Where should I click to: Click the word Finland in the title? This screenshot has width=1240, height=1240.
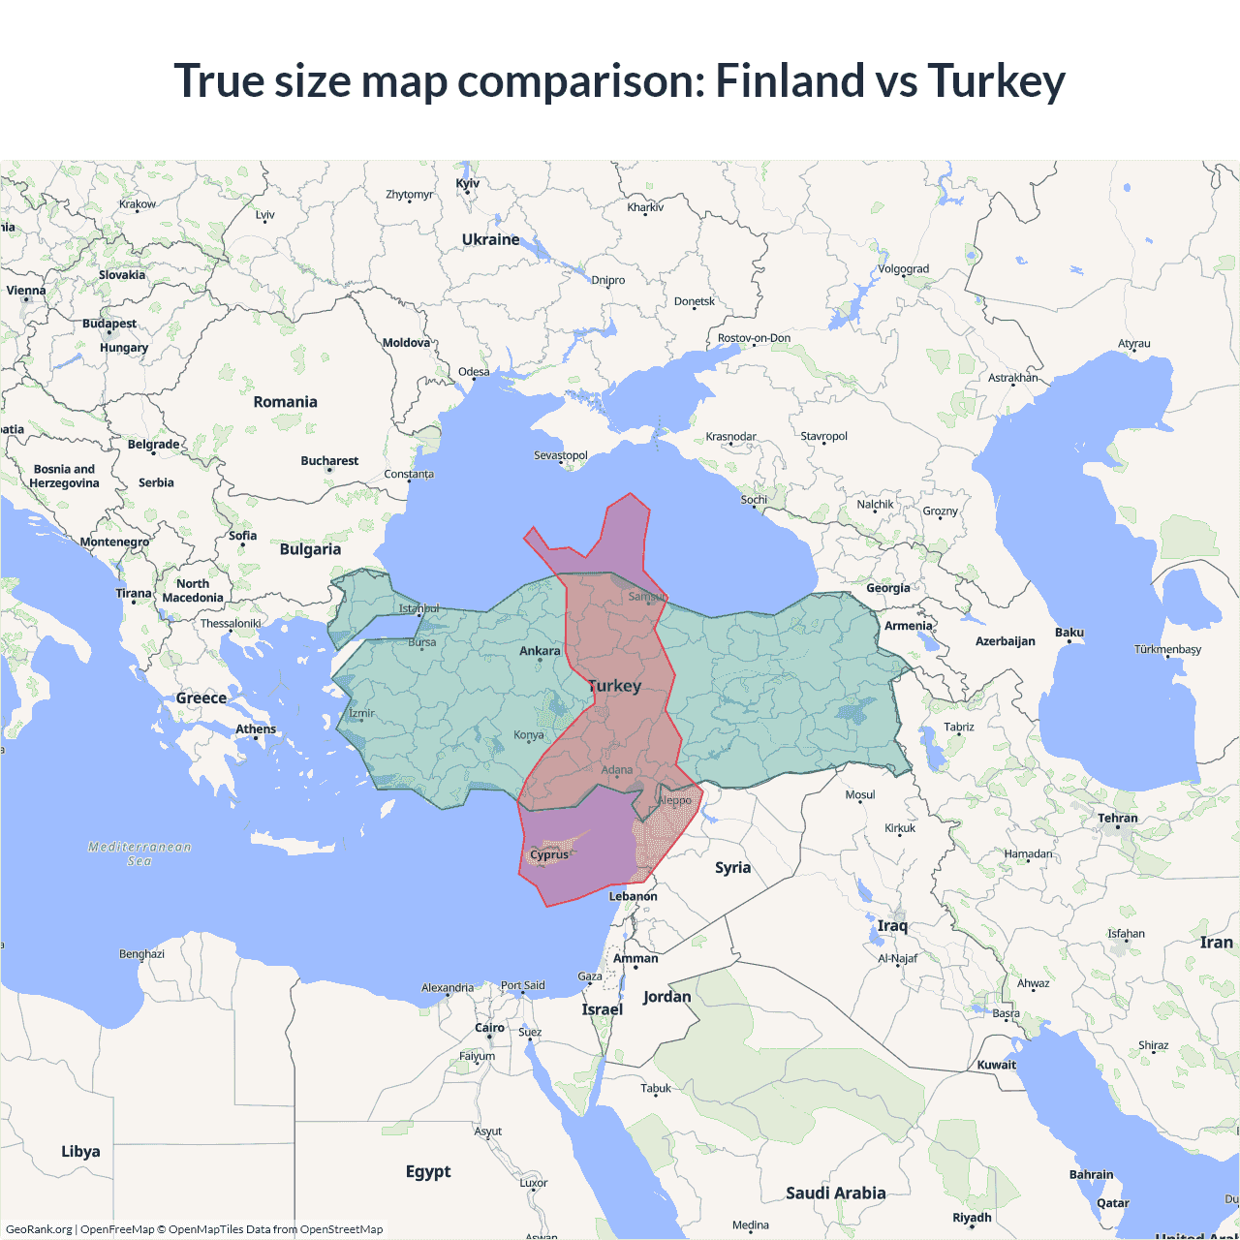pos(789,80)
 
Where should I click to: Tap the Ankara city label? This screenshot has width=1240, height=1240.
pos(540,651)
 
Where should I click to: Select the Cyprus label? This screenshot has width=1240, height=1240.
pos(549,854)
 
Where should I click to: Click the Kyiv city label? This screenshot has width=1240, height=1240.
pos(468,183)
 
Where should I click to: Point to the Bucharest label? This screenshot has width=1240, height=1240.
pos(329,461)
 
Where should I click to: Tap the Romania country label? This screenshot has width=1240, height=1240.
pos(285,402)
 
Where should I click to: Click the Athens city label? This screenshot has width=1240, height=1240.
pos(256,729)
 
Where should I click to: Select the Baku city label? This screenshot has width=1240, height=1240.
pos(1069,633)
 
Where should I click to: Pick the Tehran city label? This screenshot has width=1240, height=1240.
pos(1118,819)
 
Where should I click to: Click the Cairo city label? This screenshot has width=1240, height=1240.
pos(489,1028)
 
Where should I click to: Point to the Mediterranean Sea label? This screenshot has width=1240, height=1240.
pos(139,853)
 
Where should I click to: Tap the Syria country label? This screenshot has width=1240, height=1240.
pos(732,868)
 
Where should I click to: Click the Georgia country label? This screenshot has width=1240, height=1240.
pos(888,588)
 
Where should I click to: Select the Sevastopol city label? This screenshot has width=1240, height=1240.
pos(561,455)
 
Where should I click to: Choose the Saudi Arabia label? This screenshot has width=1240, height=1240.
pos(835,1193)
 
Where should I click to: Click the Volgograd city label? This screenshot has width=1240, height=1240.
pos(903,269)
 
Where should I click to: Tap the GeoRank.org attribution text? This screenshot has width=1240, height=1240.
pos(39,1229)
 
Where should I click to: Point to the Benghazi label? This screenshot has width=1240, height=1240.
pos(141,954)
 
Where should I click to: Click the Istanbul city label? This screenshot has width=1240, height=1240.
pos(418,608)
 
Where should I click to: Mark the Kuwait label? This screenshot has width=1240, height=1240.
pos(997,1065)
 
